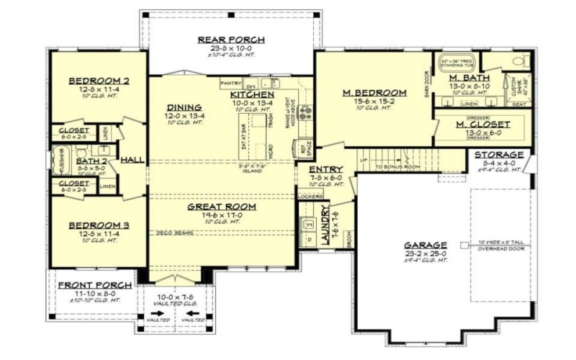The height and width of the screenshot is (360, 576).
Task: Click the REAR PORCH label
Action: tap(231, 40)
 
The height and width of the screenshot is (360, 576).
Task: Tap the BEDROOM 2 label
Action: tap(99, 81)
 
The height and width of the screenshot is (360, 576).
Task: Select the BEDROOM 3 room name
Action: tap(99, 225)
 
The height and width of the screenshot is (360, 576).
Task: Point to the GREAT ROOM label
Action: tap(222, 207)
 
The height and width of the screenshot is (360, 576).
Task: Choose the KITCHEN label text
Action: tap(252, 95)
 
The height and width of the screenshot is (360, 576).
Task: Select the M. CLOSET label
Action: tap(483, 125)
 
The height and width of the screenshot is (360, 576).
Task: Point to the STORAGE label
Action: tap(499, 155)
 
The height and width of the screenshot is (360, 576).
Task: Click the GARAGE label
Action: tap(425, 244)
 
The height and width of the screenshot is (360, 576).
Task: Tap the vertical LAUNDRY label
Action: tap(325, 227)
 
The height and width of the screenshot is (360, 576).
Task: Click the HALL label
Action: tap(132, 160)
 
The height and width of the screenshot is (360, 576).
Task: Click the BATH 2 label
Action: tap(91, 161)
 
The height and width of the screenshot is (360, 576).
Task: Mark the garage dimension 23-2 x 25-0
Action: tap(425, 253)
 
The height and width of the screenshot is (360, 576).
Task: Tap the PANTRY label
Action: tap(231, 83)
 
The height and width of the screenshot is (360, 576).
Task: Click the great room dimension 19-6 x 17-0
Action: tap(222, 215)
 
